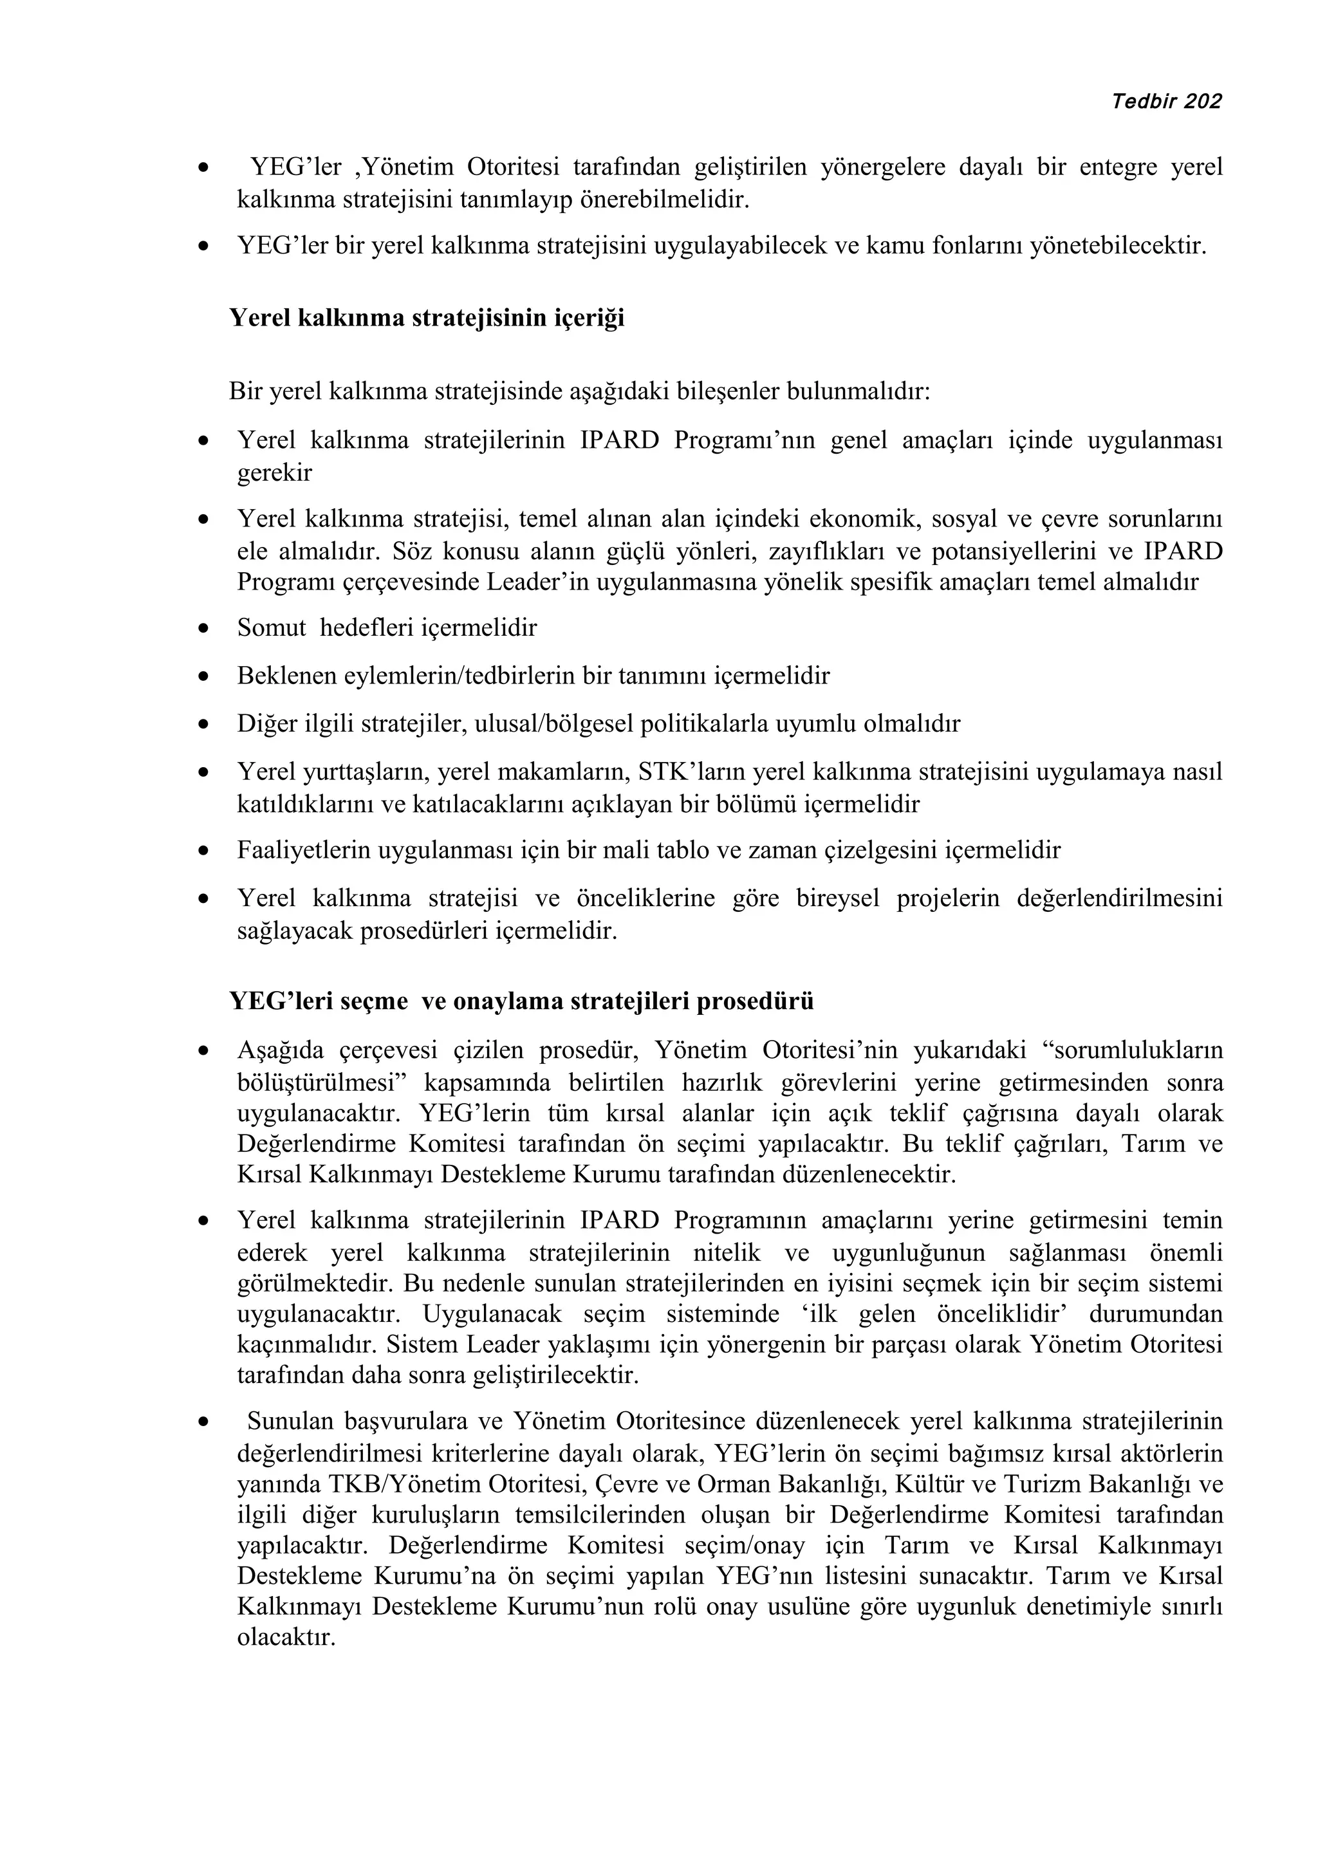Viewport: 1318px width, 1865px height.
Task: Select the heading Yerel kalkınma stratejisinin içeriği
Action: (x=426, y=318)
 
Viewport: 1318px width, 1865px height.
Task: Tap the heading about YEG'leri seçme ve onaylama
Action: (x=521, y=1001)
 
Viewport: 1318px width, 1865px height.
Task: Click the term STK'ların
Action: (x=689, y=771)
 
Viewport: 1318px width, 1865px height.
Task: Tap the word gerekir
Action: (x=275, y=473)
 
